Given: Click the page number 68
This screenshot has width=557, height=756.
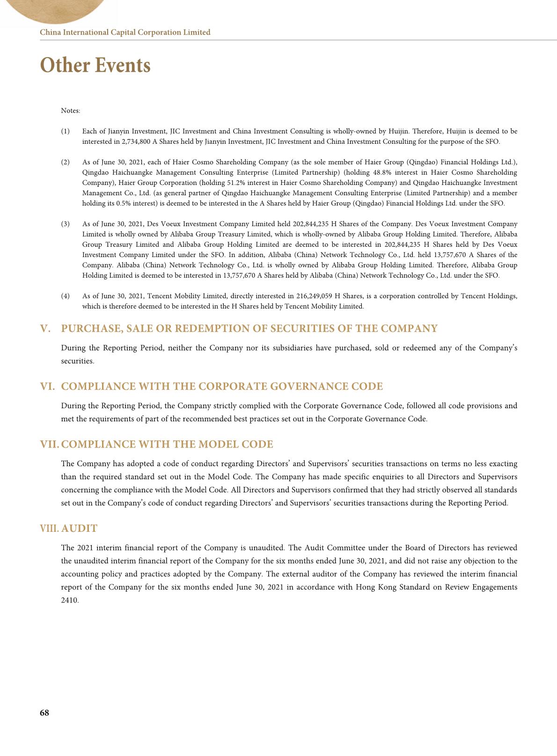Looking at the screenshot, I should point(44,712).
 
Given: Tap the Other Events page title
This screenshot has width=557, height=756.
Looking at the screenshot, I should point(95,65).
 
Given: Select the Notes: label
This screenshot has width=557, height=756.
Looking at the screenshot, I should point(71,111).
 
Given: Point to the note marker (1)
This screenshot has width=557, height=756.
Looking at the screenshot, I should point(65,132).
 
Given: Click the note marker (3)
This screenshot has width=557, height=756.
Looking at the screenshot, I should point(65,224).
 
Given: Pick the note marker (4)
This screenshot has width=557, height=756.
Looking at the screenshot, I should point(65,296).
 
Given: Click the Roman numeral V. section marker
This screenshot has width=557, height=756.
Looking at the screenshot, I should point(45,329).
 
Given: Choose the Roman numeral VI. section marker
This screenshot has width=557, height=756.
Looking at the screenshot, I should point(48,387).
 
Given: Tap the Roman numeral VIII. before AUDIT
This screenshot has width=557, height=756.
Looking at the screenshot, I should point(50,528).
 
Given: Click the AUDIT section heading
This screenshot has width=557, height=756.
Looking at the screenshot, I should point(79,528).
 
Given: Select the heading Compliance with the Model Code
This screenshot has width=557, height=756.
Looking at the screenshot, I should point(167,444).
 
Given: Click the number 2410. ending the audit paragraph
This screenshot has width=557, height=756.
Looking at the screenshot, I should point(70,600).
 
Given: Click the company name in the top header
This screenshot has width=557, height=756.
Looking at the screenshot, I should point(125,32).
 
